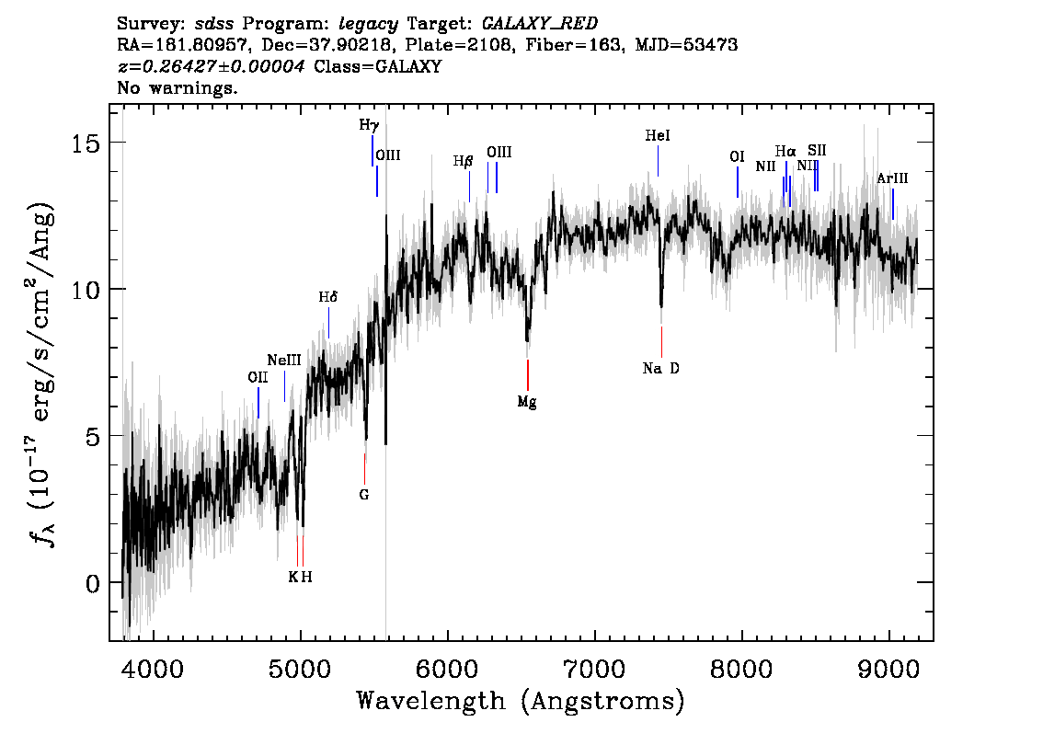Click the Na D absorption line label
click(x=660, y=369)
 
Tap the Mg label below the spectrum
click(x=527, y=402)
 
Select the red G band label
click(x=364, y=495)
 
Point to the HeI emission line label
click(x=658, y=136)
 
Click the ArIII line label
click(x=892, y=178)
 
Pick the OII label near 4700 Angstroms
click(x=258, y=378)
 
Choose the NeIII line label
click(x=284, y=361)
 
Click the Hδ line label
click(x=328, y=297)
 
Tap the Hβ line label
click(x=463, y=161)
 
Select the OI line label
click(x=737, y=157)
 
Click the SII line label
click(x=817, y=150)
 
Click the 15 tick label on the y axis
click(x=86, y=143)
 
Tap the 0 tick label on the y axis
click(x=93, y=583)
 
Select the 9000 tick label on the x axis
click(x=888, y=669)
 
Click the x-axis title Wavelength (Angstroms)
click(x=521, y=701)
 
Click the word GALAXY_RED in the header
click(x=540, y=23)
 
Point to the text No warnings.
click(x=177, y=87)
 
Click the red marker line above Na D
click(x=662, y=342)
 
